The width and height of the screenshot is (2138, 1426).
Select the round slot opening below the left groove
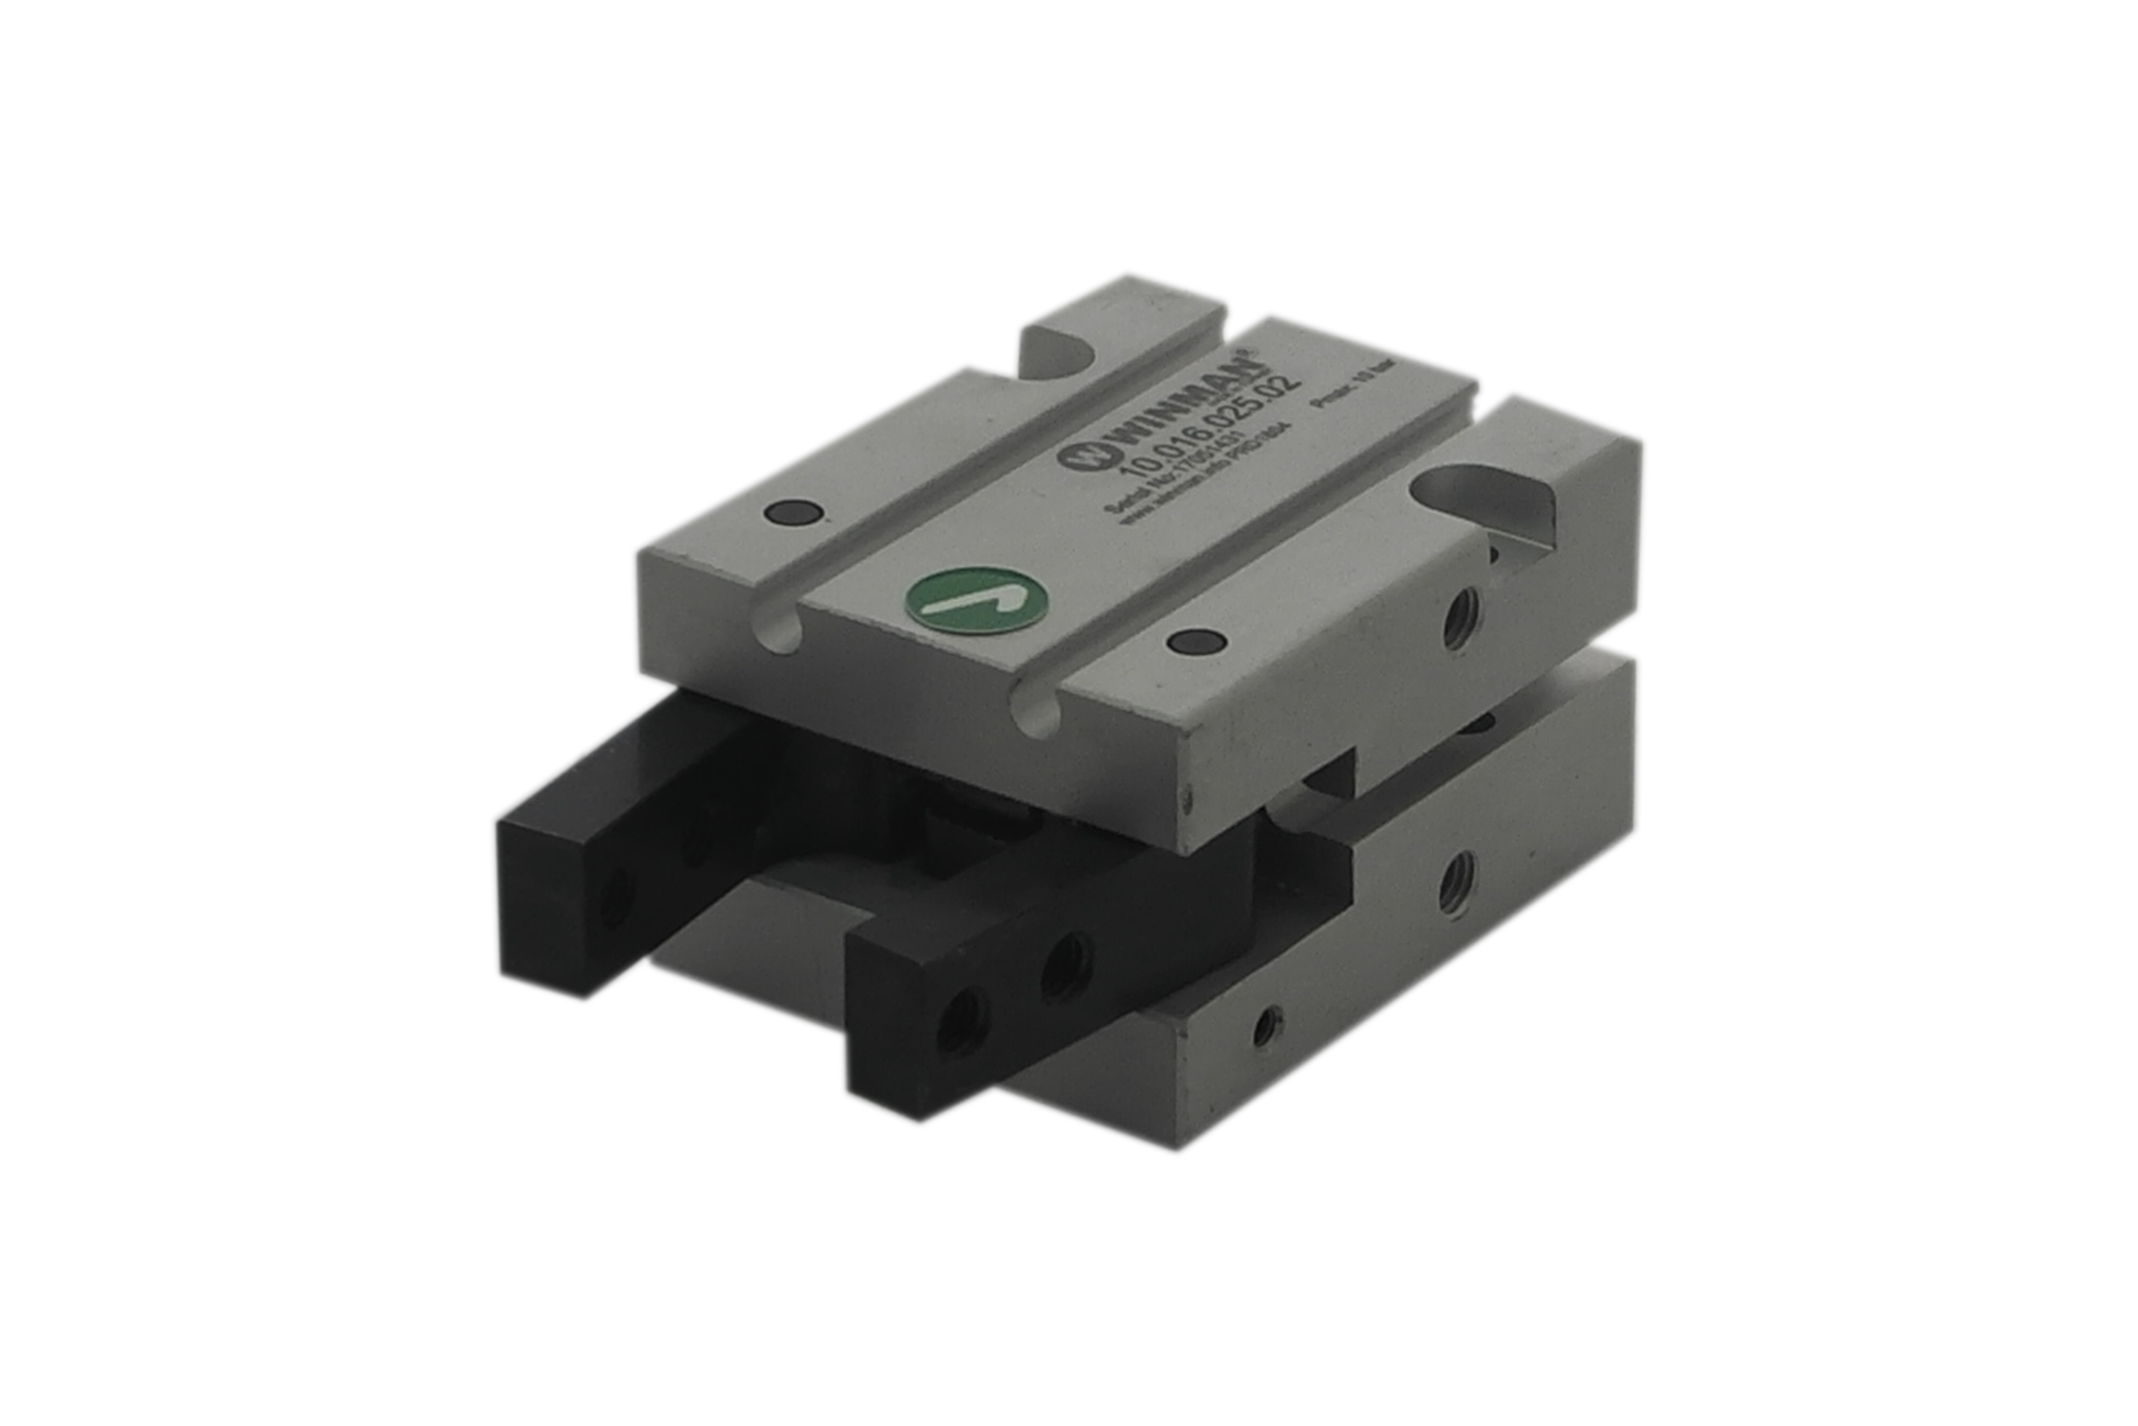click(777, 627)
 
